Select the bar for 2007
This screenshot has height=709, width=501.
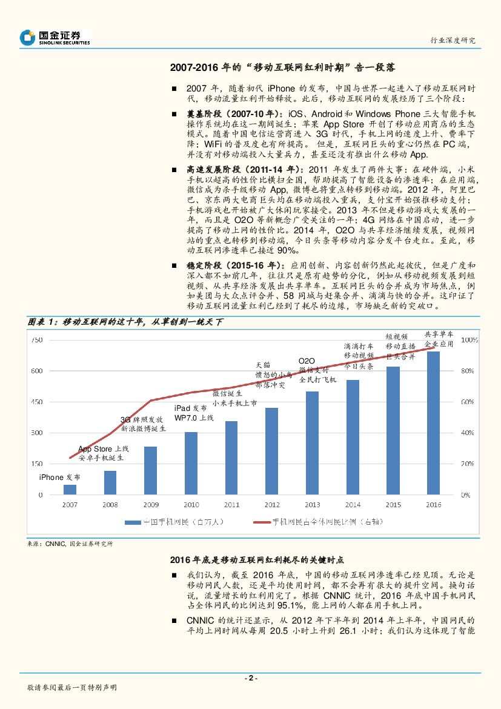pos(70,490)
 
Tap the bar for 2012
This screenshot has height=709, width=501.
pos(271,451)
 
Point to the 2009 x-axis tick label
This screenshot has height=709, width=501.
pos(151,504)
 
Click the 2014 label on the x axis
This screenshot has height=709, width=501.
pos(353,504)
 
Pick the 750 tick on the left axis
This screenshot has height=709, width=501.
pos(36,341)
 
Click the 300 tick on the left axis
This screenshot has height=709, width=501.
pos(36,433)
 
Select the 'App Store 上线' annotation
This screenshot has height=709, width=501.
pos(104,448)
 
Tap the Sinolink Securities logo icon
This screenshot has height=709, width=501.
pos(28,38)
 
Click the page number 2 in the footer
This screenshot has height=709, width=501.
pos(250,678)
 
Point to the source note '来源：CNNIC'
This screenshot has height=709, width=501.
pos(45,544)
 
